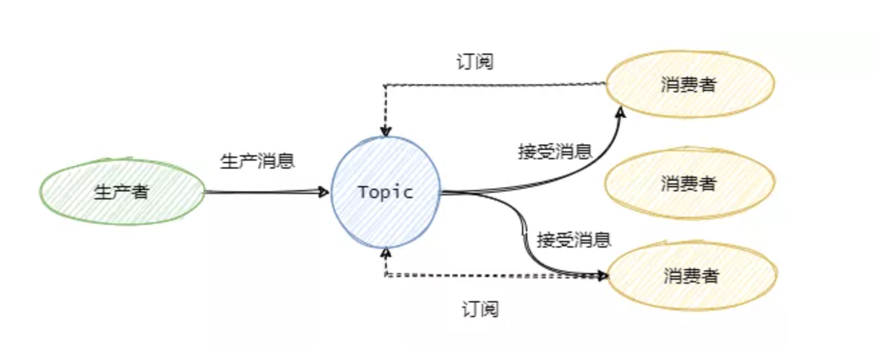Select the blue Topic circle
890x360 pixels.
[385, 192]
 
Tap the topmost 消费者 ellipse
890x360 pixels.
[690, 85]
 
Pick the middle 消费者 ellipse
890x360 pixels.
[689, 183]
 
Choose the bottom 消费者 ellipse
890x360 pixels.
[692, 275]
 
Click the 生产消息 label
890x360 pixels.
[257, 161]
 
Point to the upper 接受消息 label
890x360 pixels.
[555, 151]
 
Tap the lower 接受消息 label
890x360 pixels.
[574, 240]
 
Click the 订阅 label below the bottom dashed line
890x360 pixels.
[480, 309]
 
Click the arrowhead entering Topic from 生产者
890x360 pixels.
[325, 193]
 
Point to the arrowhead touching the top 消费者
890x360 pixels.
[622, 115]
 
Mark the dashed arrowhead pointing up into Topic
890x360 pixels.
[385, 253]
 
